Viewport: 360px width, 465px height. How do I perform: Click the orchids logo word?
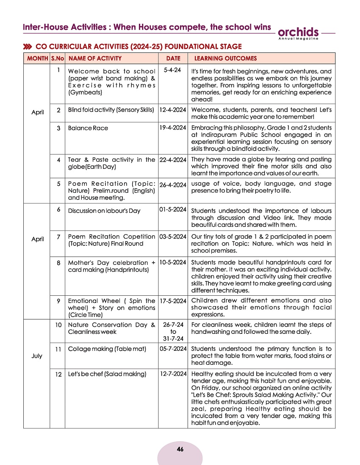click(x=299, y=32)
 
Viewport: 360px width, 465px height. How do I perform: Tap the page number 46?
click(x=180, y=449)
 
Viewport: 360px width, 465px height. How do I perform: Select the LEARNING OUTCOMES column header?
click(x=225, y=58)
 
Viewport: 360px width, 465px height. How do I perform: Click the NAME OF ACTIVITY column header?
click(x=95, y=58)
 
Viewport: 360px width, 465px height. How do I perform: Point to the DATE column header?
click(x=173, y=58)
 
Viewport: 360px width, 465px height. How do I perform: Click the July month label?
click(x=37, y=356)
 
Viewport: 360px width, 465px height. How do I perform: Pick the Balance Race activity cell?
click(x=88, y=128)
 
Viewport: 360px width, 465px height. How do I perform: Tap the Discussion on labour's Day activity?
click(x=104, y=211)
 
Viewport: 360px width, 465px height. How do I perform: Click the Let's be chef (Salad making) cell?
click(x=107, y=374)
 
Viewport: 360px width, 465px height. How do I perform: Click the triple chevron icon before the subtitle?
click(x=28, y=46)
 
